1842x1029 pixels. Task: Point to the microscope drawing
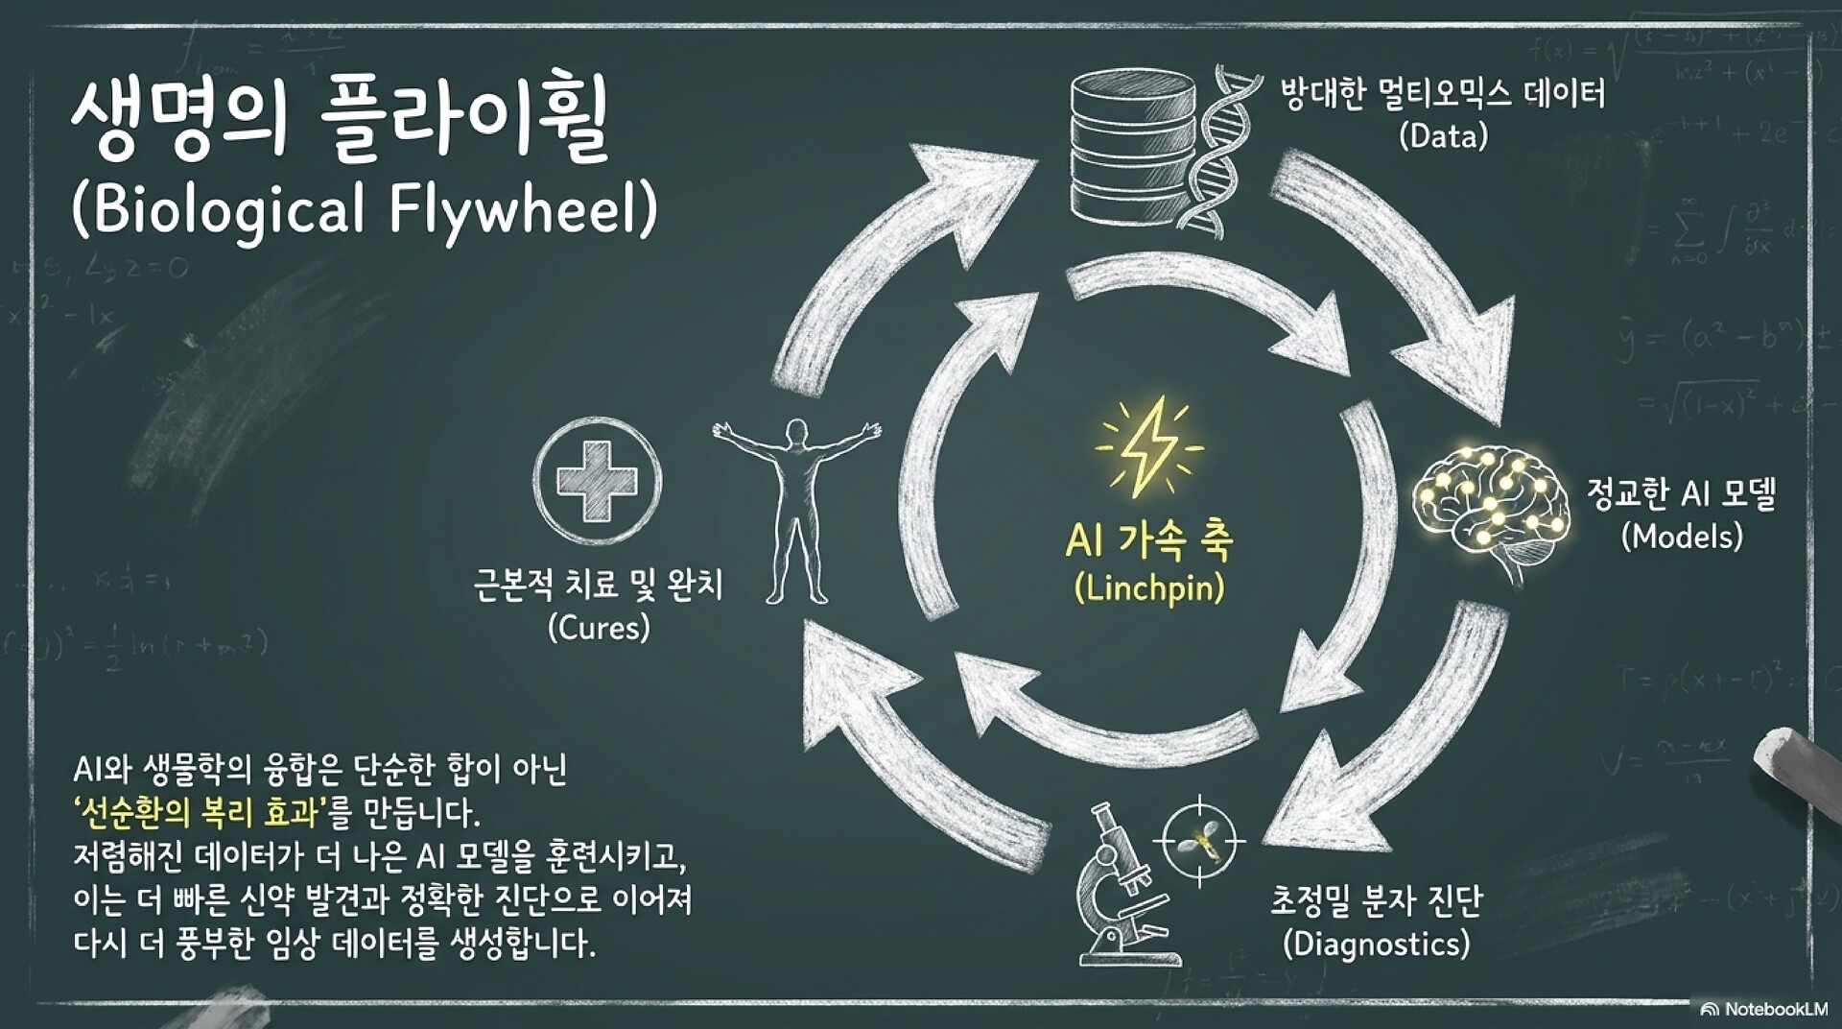coord(1122,887)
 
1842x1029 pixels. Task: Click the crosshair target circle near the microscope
coord(1198,842)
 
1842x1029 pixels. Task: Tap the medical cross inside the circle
coord(597,481)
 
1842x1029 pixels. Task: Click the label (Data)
coord(1443,136)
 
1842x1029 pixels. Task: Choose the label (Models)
coord(1681,536)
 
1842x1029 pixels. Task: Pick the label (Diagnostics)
coord(1376,944)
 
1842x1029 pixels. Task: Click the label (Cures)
coord(599,629)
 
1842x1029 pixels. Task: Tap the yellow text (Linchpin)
coord(1149,587)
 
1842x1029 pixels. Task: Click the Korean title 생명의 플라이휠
coord(340,121)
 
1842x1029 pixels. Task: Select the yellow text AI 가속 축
coord(1149,540)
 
